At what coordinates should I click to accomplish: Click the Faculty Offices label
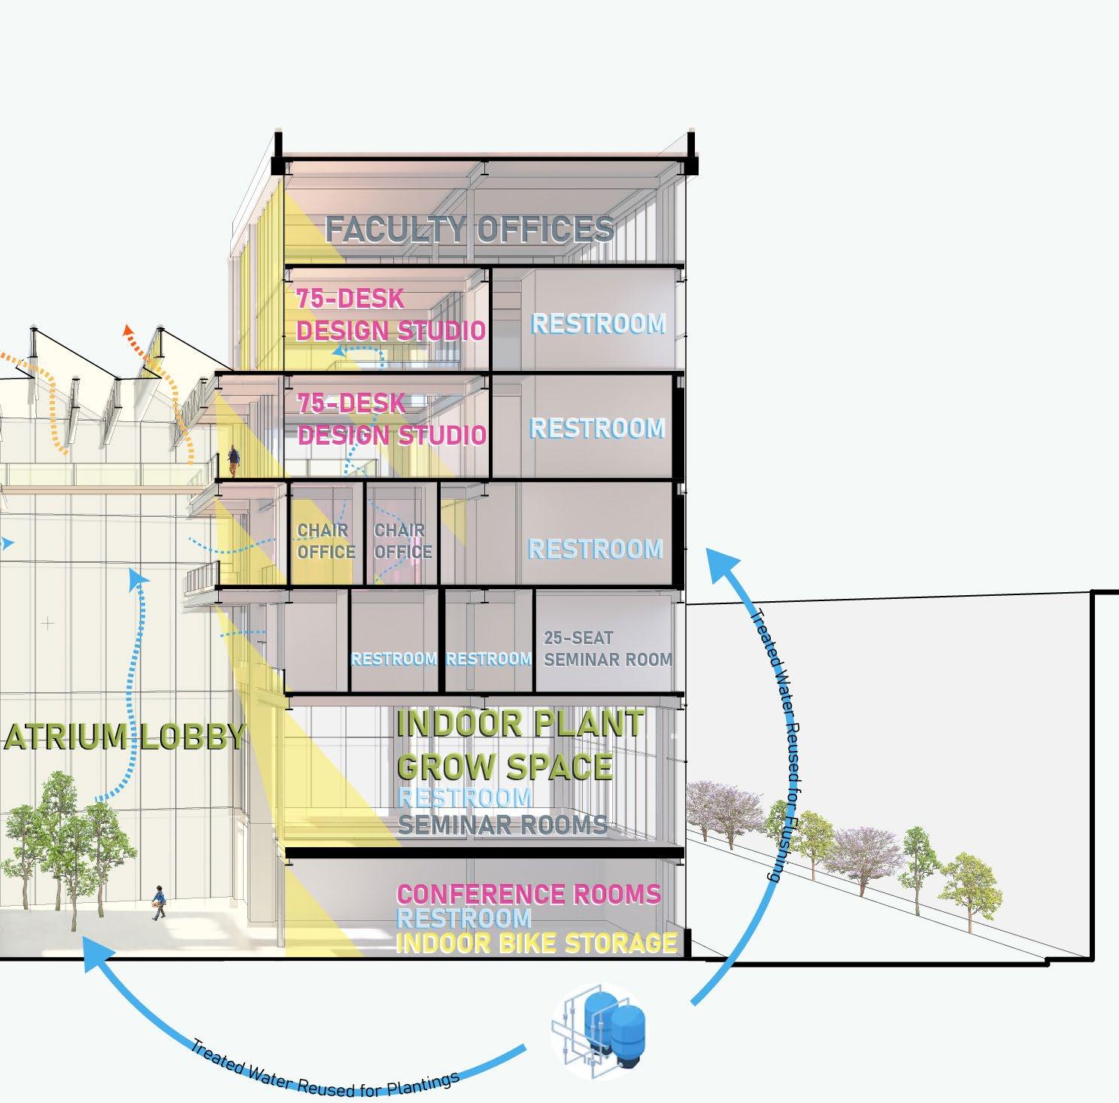point(469,229)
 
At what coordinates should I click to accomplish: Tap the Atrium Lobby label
point(125,737)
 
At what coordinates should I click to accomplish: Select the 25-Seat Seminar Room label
point(608,649)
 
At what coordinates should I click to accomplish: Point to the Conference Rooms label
point(528,895)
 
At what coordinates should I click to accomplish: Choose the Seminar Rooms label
point(502,825)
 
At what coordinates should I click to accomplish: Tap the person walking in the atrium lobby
point(159,902)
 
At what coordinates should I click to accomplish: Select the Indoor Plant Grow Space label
point(519,745)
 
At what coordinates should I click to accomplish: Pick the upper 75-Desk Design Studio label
point(390,315)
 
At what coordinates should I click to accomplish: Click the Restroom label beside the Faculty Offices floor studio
point(599,324)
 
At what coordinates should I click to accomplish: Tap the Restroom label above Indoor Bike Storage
point(463,919)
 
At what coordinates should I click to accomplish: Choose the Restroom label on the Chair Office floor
point(595,549)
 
